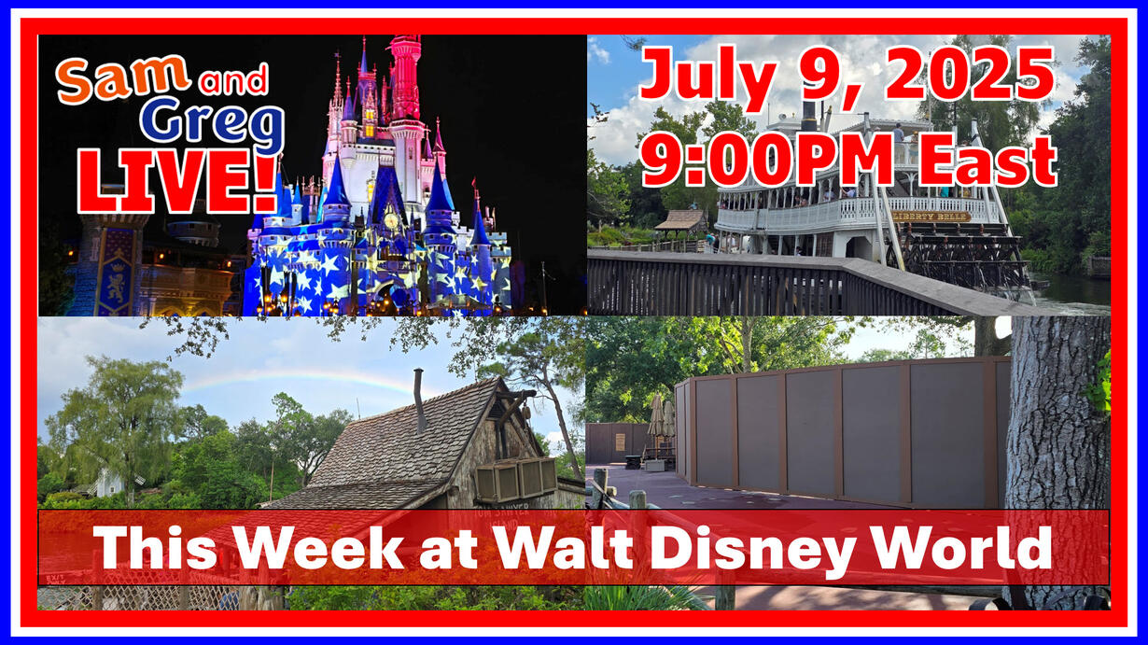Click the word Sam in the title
click(x=123, y=78)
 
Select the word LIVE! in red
click(x=177, y=181)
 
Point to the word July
click(x=708, y=77)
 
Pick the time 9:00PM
click(x=766, y=159)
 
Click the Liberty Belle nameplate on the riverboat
click(x=931, y=217)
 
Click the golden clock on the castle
click(x=391, y=220)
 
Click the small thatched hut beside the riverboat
click(x=681, y=223)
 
